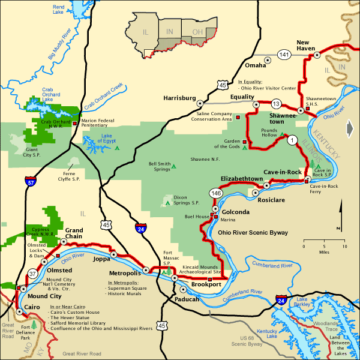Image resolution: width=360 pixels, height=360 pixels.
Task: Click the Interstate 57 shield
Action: pyautogui.click(x=31, y=179)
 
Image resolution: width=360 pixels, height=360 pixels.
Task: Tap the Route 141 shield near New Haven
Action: pyautogui.click(x=284, y=55)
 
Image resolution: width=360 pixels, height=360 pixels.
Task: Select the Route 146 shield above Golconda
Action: pyautogui.click(x=215, y=193)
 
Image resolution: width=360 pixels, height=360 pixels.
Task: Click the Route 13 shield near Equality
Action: pyautogui.click(x=277, y=103)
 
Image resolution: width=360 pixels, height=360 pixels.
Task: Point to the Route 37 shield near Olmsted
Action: pyautogui.click(x=32, y=274)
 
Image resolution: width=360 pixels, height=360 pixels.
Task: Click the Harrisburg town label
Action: pyautogui.click(x=179, y=98)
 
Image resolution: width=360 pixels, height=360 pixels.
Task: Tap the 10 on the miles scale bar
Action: pyautogui.click(x=344, y=247)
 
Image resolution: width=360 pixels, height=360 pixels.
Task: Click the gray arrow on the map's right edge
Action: pyautogui.click(x=350, y=128)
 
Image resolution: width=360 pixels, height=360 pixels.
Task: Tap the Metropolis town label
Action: pyautogui.click(x=124, y=273)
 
